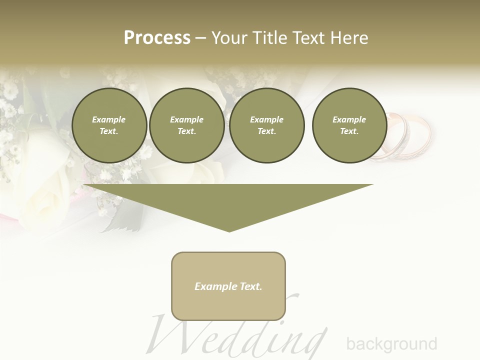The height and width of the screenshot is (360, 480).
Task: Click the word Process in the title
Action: [x=157, y=38]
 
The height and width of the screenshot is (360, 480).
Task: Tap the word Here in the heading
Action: [x=349, y=38]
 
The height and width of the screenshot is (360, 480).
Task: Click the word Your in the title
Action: [x=227, y=38]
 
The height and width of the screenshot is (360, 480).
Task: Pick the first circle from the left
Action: [x=109, y=125]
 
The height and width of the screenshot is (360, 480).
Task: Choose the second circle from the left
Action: [x=186, y=125]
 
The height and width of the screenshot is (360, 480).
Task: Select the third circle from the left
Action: [x=266, y=125]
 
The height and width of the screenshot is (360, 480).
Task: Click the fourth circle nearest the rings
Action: [x=349, y=125]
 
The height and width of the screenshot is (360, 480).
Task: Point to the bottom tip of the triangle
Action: [x=229, y=230]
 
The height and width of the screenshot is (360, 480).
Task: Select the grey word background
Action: [x=391, y=344]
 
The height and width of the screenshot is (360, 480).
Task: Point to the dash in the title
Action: [x=200, y=38]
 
